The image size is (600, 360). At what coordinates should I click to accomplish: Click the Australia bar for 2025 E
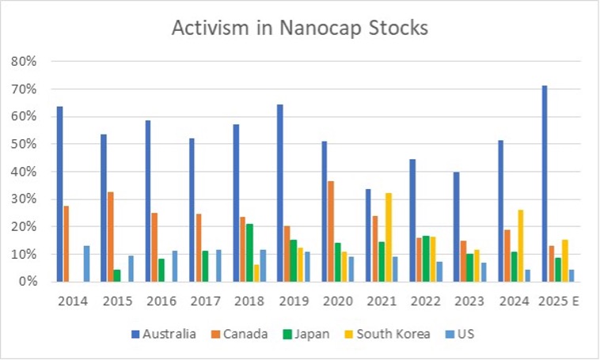coord(545,184)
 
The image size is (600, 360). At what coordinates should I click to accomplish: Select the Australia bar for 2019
coord(279,193)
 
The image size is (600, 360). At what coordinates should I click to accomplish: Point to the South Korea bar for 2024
coord(520,245)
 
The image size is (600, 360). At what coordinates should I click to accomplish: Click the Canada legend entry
coord(238,334)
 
